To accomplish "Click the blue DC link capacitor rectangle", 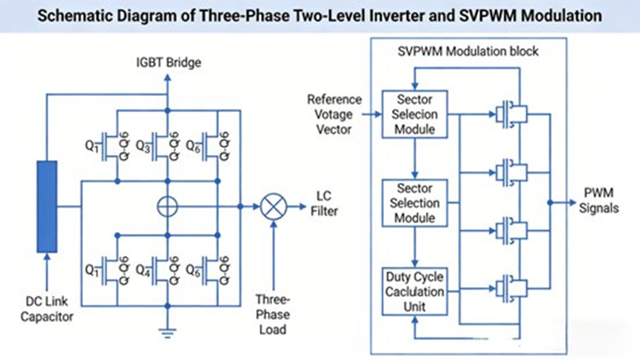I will point(47,205).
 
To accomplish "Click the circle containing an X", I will point(273,206).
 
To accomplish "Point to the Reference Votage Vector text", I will point(334,114).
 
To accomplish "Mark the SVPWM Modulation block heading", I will point(467,52).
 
